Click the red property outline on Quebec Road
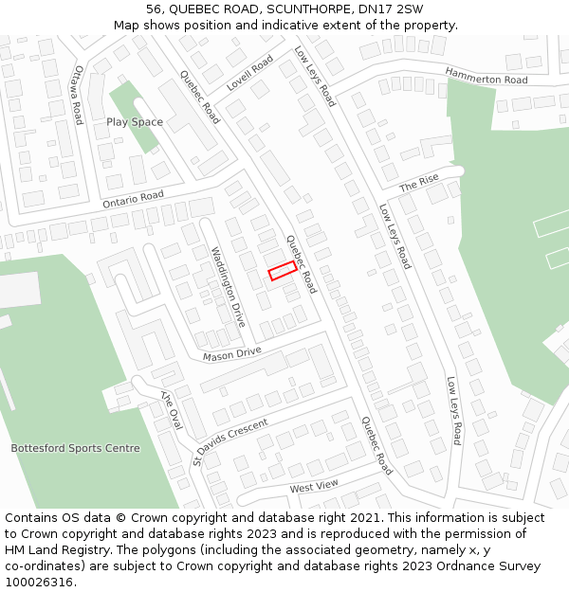pyautogui.click(x=282, y=271)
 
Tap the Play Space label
pyautogui.click(x=135, y=122)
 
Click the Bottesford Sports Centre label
pyautogui.click(x=75, y=448)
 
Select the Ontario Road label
pyautogui.click(x=133, y=198)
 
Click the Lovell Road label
pyautogui.click(x=249, y=73)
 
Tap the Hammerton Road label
pyautogui.click(x=486, y=78)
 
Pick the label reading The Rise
pyautogui.click(x=418, y=183)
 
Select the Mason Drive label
pyautogui.click(x=231, y=353)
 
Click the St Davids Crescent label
pyautogui.click(x=231, y=441)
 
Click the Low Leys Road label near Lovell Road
pyautogui.click(x=315, y=76)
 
